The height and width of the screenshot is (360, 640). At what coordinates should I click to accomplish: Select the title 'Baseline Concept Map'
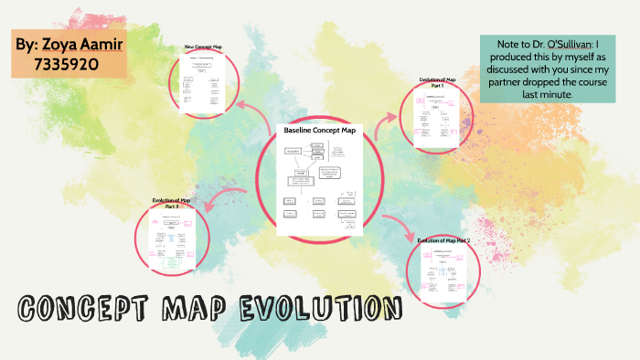(x=319, y=132)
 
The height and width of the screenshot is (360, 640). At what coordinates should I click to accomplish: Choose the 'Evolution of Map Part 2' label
(x=443, y=240)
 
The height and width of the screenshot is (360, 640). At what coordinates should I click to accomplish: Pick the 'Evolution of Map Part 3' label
(x=172, y=202)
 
